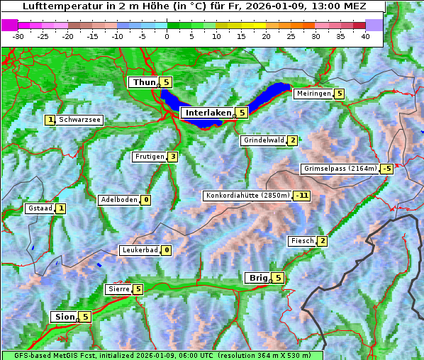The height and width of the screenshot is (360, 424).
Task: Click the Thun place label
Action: click(144, 83)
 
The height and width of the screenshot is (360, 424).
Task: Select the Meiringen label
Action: click(313, 94)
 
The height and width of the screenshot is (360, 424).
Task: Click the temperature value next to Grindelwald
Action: click(292, 140)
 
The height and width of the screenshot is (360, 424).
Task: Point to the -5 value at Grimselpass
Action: click(386, 169)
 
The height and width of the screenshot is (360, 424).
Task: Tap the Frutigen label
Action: click(149, 157)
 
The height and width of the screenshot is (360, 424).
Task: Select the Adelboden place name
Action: click(118, 200)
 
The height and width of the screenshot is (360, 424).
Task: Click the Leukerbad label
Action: click(139, 250)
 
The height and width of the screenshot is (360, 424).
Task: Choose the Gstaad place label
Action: click(39, 208)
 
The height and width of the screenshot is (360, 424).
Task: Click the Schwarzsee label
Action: click(80, 120)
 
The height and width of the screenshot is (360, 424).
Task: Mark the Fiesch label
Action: click(301, 241)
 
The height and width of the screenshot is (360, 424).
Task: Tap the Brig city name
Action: click(257, 278)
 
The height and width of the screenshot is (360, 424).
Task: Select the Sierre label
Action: click(117, 289)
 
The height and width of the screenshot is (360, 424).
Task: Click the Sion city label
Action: click(63, 317)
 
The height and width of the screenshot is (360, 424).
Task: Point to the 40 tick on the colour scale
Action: click(365, 36)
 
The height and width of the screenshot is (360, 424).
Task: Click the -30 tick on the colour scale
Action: click(18, 36)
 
